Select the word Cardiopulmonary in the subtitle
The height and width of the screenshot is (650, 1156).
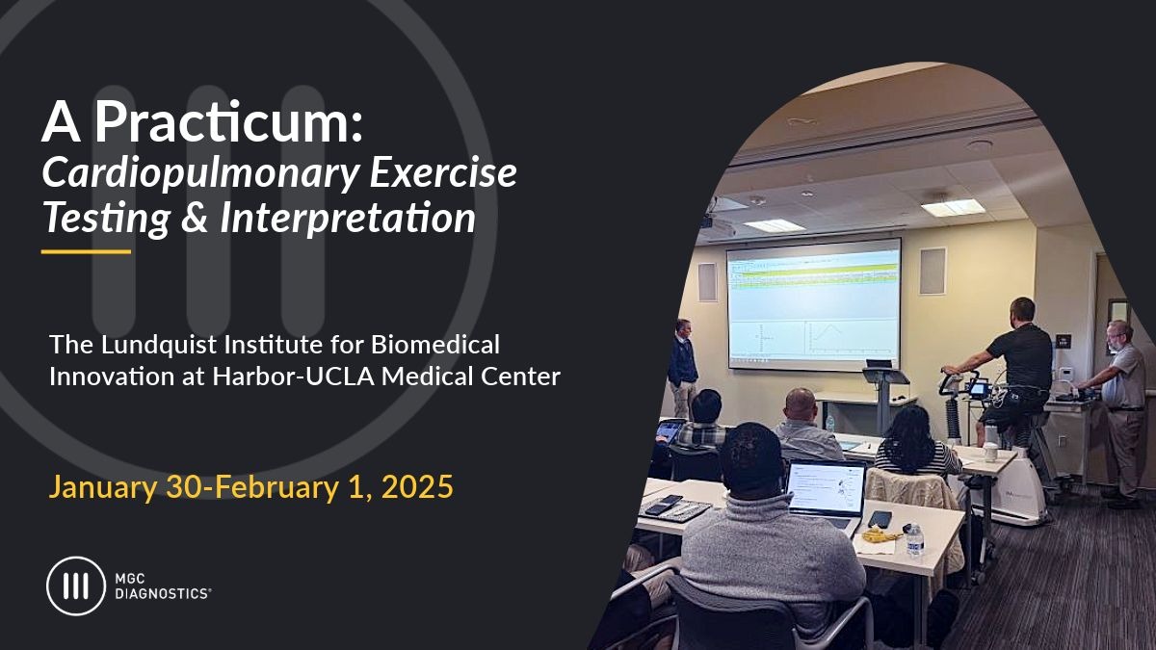point(200,173)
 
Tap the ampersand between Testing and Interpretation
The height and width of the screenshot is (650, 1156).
point(195,217)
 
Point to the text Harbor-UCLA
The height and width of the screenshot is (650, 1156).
point(293,377)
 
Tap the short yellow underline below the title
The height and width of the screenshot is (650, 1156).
point(86,251)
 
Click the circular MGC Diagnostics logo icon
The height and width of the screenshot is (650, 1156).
point(76,586)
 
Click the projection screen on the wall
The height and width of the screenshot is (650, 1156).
point(813,304)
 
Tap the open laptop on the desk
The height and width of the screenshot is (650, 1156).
point(826,491)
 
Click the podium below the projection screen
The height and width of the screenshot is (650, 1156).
point(885,395)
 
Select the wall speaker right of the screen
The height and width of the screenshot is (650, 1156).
point(933,272)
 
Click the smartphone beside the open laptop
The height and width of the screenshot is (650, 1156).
point(880,518)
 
